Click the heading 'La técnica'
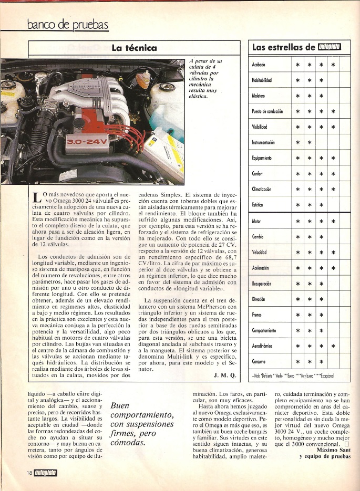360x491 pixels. click(134, 48)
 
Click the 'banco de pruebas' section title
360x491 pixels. click(68, 24)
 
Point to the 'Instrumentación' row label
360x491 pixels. click(265, 142)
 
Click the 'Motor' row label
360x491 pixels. click(256, 221)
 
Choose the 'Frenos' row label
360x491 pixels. click(258, 315)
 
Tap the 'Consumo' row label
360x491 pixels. click(259, 362)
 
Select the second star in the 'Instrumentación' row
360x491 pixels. click(310, 142)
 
